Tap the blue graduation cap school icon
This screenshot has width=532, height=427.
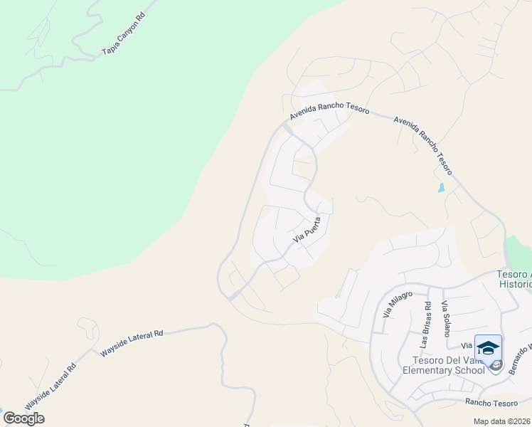[x=488, y=348]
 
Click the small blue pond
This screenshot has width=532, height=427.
[x=441, y=188]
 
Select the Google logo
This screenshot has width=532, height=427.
[x=23, y=418]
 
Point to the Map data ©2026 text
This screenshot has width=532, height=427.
[x=502, y=421]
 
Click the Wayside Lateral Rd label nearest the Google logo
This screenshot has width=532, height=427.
[x=50, y=388]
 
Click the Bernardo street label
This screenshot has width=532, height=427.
[x=520, y=359]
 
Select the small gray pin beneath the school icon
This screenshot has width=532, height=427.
[x=496, y=366]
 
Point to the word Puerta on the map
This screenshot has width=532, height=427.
[x=316, y=226]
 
